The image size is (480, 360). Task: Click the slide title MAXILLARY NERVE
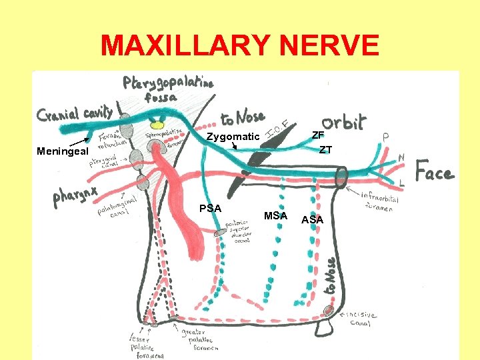(x=240, y=46)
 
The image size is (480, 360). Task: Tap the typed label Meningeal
(x=61, y=151)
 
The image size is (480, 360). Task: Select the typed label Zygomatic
(x=233, y=137)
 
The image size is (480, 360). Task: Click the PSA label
(x=211, y=208)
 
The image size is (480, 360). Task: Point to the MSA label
(x=275, y=215)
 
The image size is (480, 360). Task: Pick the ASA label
(x=312, y=219)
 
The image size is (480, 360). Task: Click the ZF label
(x=318, y=135)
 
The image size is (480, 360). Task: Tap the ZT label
(x=325, y=149)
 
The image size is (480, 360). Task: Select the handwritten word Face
(x=435, y=173)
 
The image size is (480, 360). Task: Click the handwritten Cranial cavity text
(x=75, y=115)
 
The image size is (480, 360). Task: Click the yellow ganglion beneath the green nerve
(x=157, y=124)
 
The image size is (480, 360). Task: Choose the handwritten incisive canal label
(x=360, y=319)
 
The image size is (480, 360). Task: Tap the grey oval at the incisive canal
(x=329, y=310)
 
